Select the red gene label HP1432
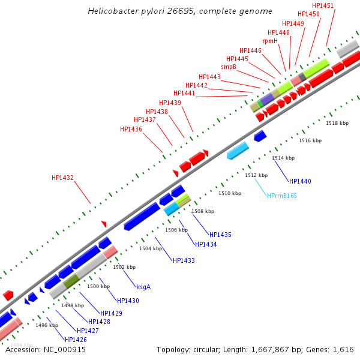pyautogui.click(x=62, y=178)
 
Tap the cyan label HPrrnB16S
pyautogui.click(x=282, y=196)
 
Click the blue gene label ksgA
pyautogui.click(x=143, y=287)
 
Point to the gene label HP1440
pyautogui.click(x=300, y=181)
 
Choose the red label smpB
pyautogui.click(x=229, y=67)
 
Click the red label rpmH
pyautogui.click(x=270, y=41)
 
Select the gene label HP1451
pyautogui.click(x=323, y=5)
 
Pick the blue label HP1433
pyautogui.click(x=184, y=260)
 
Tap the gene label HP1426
pyautogui.click(x=76, y=340)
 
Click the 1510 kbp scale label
pyautogui.click(x=230, y=193)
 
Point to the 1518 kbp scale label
pyautogui.click(x=337, y=122)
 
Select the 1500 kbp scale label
pyautogui.click(x=98, y=286)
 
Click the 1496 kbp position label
pyautogui.click(x=47, y=325)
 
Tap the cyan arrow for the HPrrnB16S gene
pyautogui.click(x=238, y=151)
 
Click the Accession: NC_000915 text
pyautogui.click(x=46, y=350)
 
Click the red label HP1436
pyautogui.click(x=131, y=129)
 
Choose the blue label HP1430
pyautogui.click(x=128, y=301)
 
